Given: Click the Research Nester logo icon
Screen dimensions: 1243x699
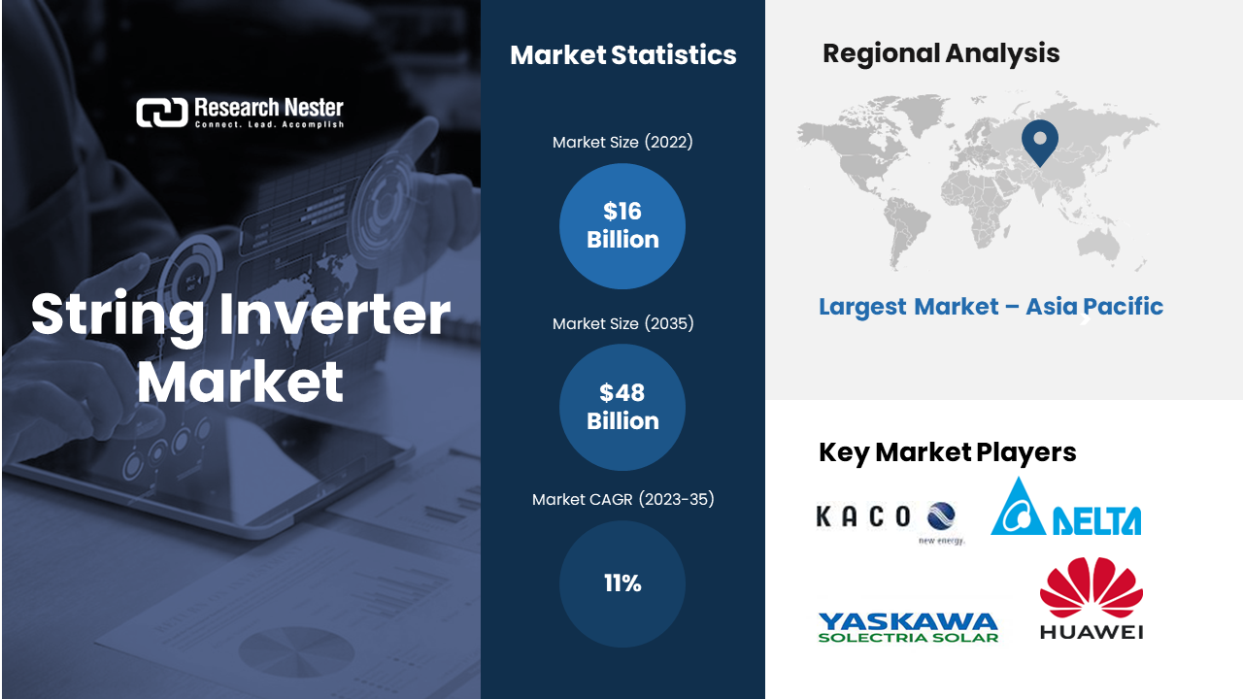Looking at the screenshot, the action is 162,113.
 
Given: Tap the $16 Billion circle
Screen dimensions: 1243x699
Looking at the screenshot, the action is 622,226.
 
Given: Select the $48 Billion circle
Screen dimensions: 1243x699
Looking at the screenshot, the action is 622,407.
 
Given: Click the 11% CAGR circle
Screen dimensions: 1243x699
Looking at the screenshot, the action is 622,583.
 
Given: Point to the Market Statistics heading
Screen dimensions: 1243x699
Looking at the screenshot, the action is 623,55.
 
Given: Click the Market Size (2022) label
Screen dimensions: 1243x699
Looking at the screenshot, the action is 622,142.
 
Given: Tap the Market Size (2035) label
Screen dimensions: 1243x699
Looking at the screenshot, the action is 622,323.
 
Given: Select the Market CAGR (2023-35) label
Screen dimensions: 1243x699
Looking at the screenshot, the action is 622,499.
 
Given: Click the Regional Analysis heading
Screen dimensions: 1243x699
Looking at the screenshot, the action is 941,53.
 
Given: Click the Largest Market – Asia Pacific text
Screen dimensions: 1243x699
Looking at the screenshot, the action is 991,307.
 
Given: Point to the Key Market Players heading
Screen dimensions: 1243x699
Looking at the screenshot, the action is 947,452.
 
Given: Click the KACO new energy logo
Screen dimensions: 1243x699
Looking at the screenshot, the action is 891,522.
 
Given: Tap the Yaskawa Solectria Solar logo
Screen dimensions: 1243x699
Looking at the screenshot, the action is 908,627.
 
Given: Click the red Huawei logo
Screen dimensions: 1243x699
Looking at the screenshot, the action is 1091,598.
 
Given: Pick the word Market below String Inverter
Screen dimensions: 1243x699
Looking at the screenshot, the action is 240,382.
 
